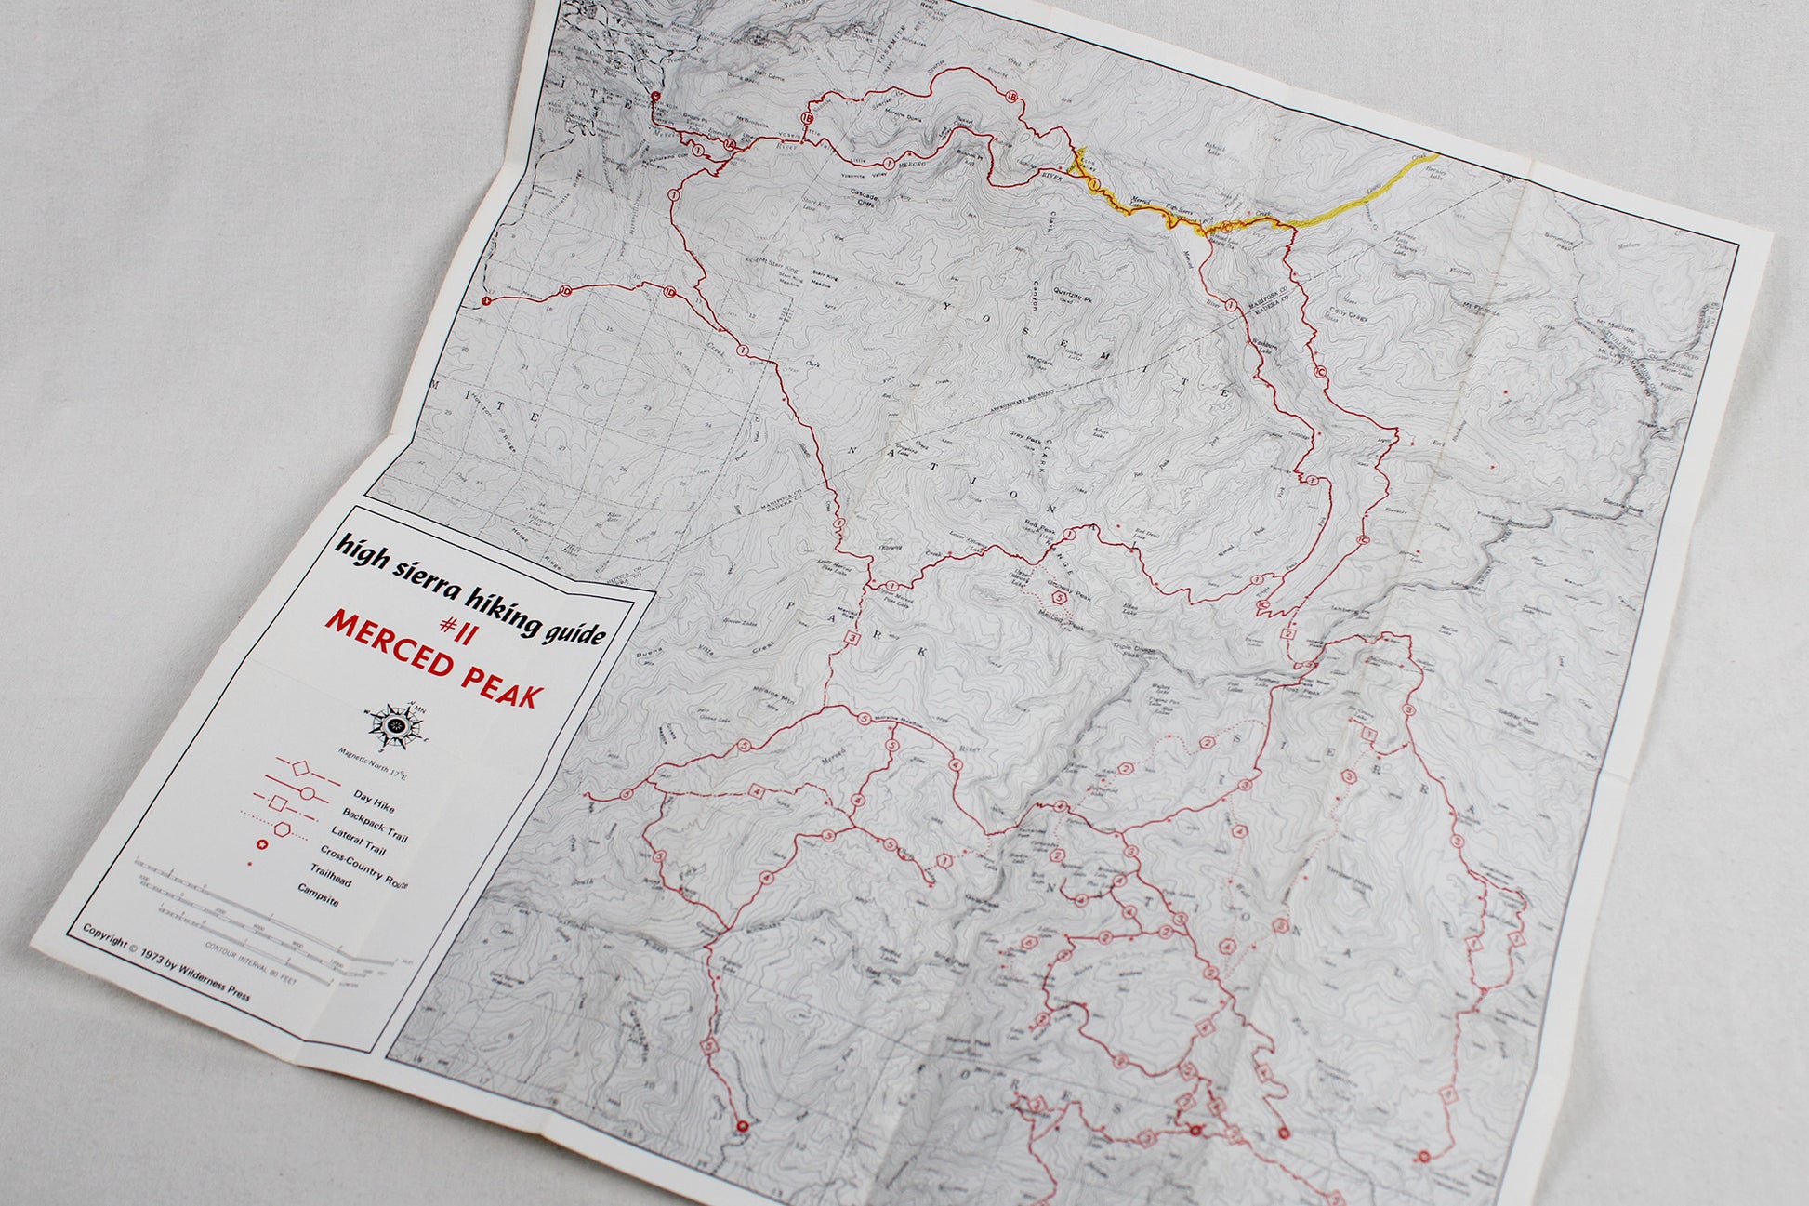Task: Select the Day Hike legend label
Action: point(374,802)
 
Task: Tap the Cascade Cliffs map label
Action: point(869,199)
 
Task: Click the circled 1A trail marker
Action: point(731,145)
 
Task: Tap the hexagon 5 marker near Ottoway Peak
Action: point(1059,598)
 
